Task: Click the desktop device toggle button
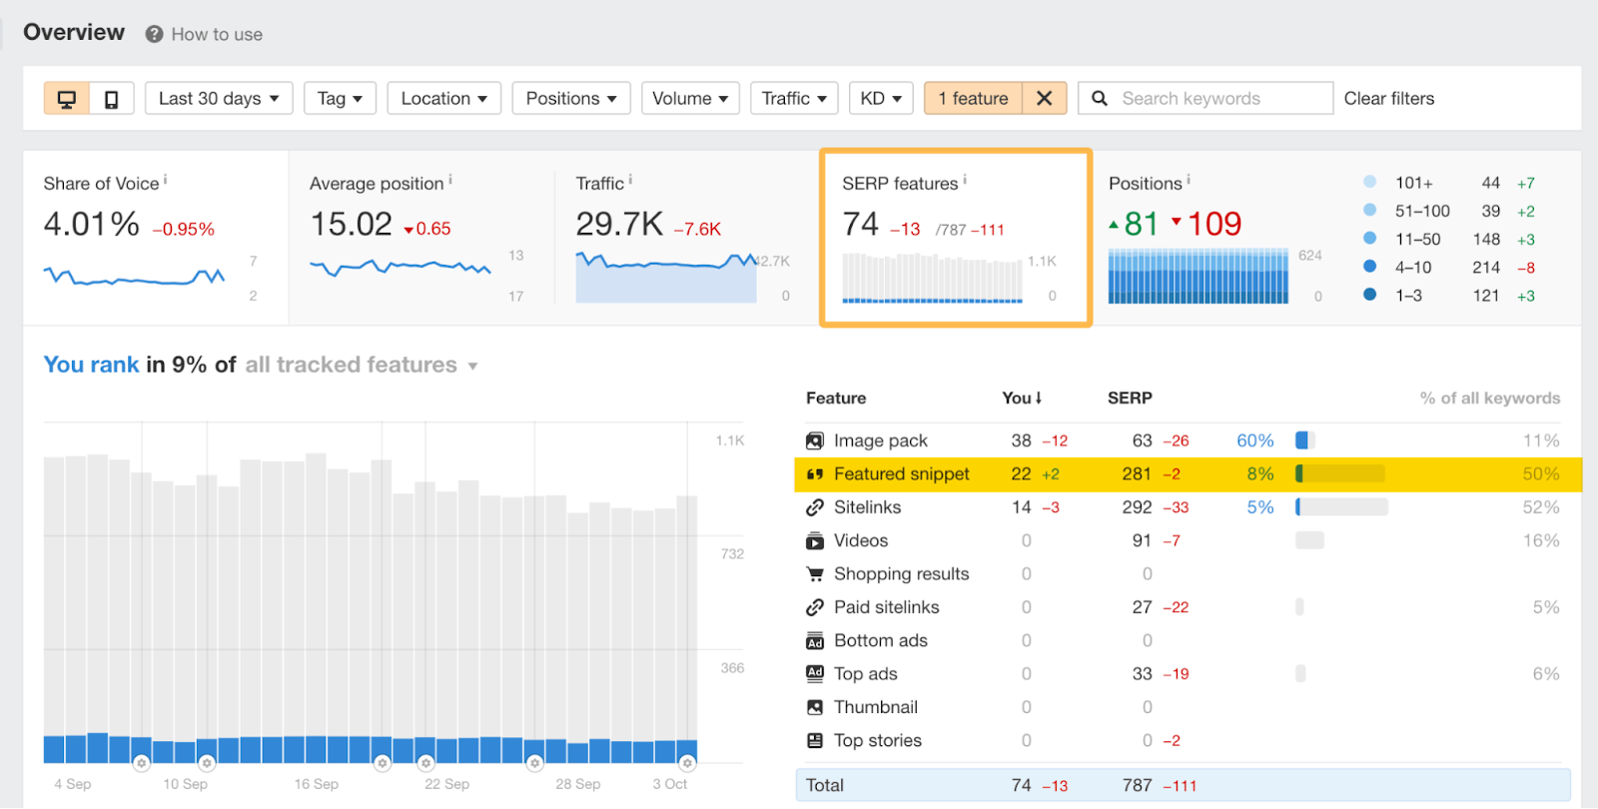(x=67, y=99)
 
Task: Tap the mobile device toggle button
(x=111, y=99)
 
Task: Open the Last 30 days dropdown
(x=219, y=99)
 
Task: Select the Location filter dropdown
(x=443, y=99)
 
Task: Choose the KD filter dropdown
(x=881, y=99)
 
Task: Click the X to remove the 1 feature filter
(x=1044, y=98)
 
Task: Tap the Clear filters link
(x=1388, y=99)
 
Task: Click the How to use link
(x=216, y=35)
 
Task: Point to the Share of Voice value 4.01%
(x=91, y=224)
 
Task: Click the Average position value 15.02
(x=352, y=224)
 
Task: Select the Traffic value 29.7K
(x=619, y=224)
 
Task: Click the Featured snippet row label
(x=901, y=474)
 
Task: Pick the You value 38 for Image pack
(x=1021, y=440)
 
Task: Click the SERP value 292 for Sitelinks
(x=1137, y=507)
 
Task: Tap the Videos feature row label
(x=860, y=540)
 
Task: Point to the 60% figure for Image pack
(x=1254, y=440)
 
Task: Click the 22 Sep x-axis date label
(x=446, y=784)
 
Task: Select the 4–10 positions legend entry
(x=1412, y=268)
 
